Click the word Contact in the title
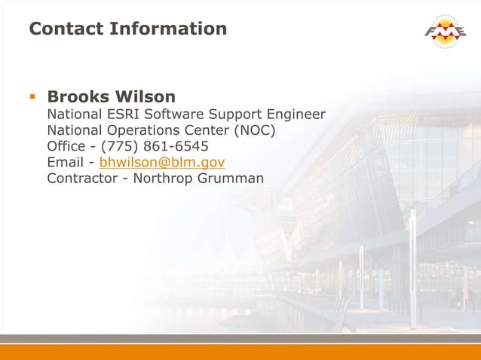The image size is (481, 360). [x=66, y=29]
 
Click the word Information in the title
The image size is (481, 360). [x=167, y=29]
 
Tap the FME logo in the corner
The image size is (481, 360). [x=444, y=32]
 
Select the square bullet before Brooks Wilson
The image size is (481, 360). [x=32, y=96]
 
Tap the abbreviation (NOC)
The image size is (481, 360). [x=256, y=130]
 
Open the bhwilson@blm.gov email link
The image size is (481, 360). [x=162, y=162]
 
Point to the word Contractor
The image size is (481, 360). [x=80, y=178]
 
